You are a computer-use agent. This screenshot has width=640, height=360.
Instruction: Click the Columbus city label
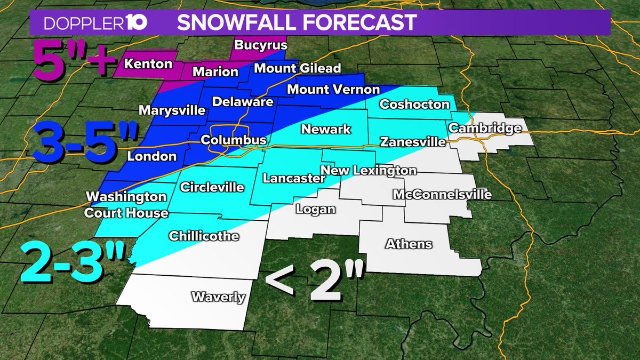(233, 140)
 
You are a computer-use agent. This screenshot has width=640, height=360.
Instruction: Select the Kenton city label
(148, 64)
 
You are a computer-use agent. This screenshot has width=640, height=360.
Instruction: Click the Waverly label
(218, 297)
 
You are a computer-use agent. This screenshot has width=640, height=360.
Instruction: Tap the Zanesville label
(412, 142)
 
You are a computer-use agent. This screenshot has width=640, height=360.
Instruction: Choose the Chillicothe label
(204, 236)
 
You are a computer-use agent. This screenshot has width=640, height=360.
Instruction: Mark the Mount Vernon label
(333, 90)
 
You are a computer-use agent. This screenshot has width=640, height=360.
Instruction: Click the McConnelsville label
(442, 195)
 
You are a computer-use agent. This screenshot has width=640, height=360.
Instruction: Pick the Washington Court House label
(127, 205)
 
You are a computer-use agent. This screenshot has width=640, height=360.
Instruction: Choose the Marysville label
(172, 110)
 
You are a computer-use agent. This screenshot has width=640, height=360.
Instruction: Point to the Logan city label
(316, 209)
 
